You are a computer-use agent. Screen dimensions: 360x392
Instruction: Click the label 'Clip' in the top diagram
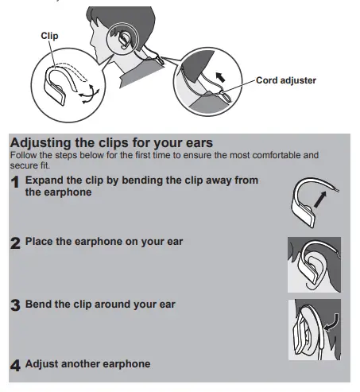49,36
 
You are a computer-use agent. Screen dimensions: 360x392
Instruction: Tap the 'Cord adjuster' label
286,80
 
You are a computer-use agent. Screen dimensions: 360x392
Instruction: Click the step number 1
15,182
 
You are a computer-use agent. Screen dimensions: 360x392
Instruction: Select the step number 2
15,243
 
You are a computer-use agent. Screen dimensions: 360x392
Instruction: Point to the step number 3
15,305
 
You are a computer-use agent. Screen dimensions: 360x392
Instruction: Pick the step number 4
15,366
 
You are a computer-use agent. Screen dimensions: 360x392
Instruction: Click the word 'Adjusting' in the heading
41,143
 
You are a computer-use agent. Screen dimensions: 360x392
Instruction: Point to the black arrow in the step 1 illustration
320,200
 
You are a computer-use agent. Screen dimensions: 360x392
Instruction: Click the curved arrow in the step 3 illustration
331,323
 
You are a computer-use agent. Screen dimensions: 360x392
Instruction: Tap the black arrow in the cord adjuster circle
220,77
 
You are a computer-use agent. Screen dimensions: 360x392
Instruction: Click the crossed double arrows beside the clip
89,94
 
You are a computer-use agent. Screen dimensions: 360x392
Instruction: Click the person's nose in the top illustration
91,43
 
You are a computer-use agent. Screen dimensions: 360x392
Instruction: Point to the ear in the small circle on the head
124,40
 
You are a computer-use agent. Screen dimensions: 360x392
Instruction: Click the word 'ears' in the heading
199,143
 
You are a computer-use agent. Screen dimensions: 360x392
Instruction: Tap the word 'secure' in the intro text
24,165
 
